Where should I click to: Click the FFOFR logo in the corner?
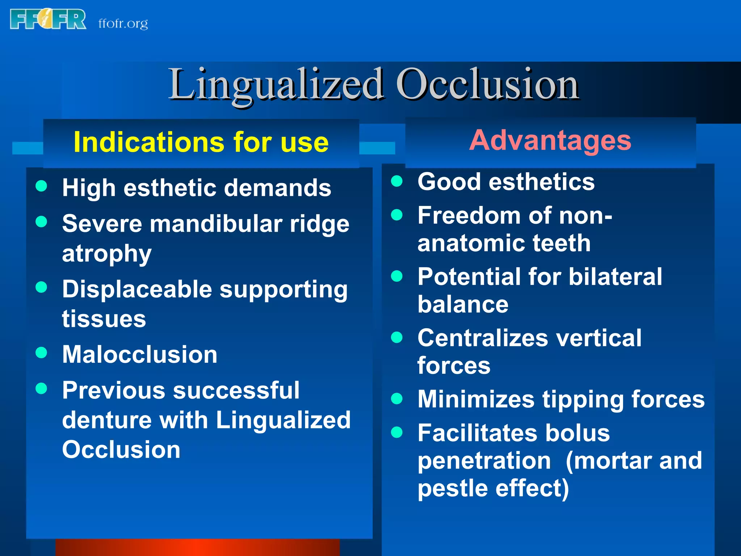tap(48, 19)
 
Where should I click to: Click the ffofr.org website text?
tap(123, 24)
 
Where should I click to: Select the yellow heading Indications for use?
tap(201, 142)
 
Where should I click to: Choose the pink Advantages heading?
tap(550, 140)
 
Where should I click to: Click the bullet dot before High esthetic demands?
tap(42, 186)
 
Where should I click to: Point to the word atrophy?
tap(107, 253)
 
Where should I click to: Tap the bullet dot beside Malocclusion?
tap(42, 352)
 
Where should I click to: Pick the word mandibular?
tap(216, 224)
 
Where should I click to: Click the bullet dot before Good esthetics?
tap(397, 181)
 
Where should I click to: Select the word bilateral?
tap(615, 277)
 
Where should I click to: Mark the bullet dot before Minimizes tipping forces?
tap(397, 399)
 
